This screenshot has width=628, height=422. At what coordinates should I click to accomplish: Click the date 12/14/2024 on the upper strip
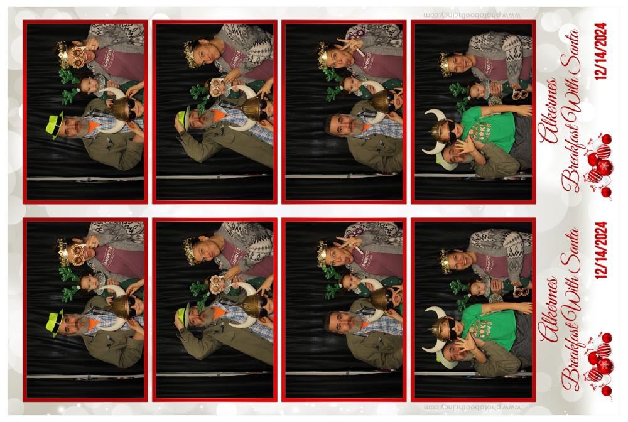pos(601,51)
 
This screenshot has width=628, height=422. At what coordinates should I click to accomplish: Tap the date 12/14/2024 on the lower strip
pos(601,250)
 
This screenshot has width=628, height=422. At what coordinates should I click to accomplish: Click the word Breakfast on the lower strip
pos(571,360)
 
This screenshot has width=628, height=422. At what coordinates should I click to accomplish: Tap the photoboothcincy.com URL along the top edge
pos(473,15)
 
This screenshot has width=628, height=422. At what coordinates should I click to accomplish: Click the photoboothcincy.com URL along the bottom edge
pos(473,407)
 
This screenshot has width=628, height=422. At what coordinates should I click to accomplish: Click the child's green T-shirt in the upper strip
pos(489,129)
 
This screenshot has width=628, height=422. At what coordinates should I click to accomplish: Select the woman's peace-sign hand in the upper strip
pos(349,45)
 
